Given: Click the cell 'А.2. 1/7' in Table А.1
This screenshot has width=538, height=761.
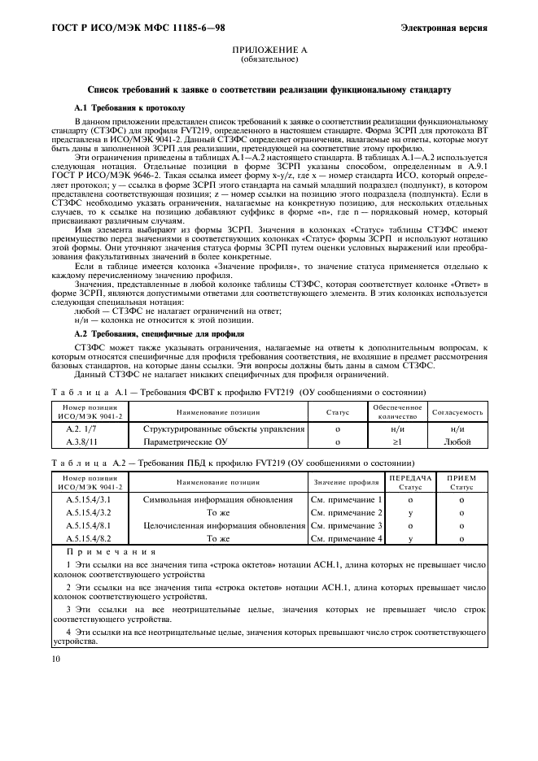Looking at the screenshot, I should coord(81,428).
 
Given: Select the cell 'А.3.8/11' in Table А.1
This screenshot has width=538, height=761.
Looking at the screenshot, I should coord(81,441).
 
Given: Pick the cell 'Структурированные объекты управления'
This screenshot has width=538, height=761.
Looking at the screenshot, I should coord(224,428).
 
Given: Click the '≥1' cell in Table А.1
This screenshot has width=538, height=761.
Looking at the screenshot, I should coord(397,441).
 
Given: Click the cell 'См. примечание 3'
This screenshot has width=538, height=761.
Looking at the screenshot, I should coord(347,525).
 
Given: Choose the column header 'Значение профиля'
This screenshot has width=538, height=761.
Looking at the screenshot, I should coord(347,483).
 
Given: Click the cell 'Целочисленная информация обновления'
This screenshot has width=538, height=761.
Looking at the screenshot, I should coord(224,525).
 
